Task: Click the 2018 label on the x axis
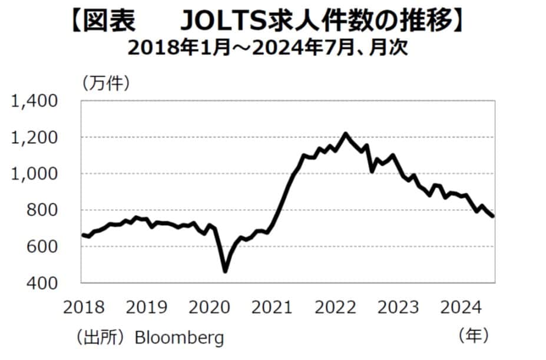tap(82, 307)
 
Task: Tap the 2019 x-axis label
tap(145, 307)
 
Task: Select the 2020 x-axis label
tap(209, 307)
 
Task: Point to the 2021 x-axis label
tap(272, 307)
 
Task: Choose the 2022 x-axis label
tap(335, 307)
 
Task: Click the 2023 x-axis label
tap(398, 307)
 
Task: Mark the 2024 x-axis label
tap(461, 307)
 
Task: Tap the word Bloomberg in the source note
tap(180, 338)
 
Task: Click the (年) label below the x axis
tap(473, 336)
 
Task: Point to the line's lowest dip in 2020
tap(225, 271)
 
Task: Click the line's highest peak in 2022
tap(345, 134)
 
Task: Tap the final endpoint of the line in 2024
tap(493, 216)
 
